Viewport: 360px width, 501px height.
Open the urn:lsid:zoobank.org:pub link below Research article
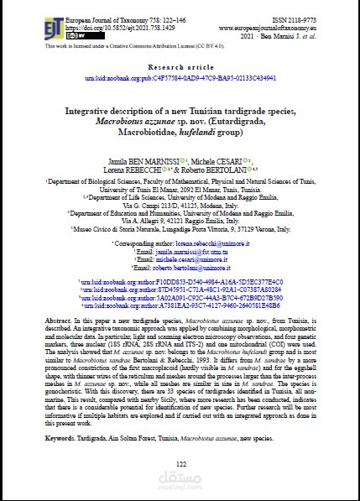tap(180, 76)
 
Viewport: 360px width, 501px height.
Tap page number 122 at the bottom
tap(180, 463)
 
